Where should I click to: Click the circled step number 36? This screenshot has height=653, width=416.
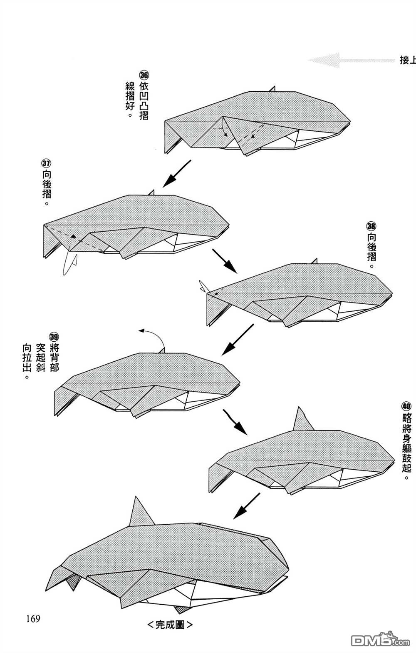(144, 75)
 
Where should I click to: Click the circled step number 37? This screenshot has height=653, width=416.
(46, 163)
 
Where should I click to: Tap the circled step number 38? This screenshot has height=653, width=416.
(371, 226)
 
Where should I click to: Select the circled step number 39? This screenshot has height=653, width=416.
(54, 337)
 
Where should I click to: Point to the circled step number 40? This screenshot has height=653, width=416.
(406, 406)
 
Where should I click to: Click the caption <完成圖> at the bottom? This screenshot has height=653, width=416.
(170, 633)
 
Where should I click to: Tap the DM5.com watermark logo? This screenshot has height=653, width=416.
(381, 640)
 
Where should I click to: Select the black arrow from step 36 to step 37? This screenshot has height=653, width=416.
(176, 174)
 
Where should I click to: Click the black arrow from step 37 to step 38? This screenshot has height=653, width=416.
(225, 261)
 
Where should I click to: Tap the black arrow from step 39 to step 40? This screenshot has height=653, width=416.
(235, 422)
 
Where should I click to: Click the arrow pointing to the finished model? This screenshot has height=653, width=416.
(246, 506)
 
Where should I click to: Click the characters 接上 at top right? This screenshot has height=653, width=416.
(408, 60)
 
